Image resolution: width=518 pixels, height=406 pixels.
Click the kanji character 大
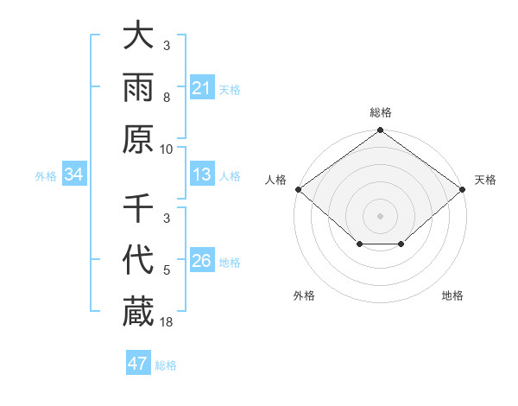138,36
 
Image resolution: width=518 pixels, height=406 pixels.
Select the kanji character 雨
138,88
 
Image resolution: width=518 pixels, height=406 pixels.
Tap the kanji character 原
138,140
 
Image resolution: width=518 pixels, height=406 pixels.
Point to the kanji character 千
138,209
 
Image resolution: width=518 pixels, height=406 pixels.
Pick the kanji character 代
138,261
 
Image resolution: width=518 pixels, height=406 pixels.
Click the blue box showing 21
202,88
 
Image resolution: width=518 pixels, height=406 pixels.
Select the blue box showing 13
202,175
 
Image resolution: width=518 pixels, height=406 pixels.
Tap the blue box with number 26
202,262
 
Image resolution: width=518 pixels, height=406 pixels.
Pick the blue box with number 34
74,175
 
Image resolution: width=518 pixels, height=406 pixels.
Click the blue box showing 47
138,364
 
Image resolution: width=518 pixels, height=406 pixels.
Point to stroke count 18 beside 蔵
167,322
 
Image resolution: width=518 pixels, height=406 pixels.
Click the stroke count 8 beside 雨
167,98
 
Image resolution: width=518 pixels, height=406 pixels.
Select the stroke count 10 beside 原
167,149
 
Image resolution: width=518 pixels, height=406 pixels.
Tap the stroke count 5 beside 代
167,270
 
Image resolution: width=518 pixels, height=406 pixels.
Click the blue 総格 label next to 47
166,365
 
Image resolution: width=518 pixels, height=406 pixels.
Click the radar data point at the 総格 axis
380,131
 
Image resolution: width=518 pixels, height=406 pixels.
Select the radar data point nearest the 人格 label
298,189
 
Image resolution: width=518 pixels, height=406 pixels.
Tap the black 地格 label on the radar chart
452,295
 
